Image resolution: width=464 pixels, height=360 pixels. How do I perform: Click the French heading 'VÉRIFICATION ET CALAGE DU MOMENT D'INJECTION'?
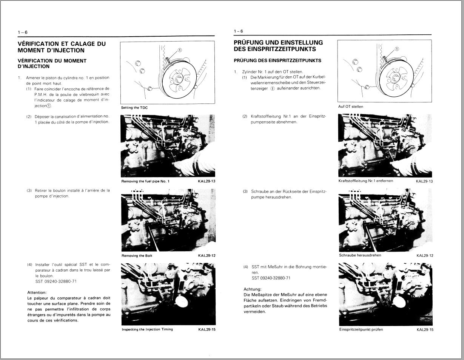pyautogui.click(x=62, y=47)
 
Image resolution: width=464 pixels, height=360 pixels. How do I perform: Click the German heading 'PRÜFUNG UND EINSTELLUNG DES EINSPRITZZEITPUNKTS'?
pyautogui.click(x=278, y=46)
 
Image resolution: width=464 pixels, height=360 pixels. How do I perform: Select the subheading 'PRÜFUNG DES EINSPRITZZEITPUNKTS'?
pyautogui.click(x=277, y=60)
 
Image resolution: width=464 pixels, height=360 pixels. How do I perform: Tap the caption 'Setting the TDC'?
pyautogui.click(x=134, y=108)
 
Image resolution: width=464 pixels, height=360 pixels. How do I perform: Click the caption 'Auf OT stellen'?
pyautogui.click(x=351, y=107)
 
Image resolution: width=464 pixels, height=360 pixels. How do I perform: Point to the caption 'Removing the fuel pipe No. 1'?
pyautogui.click(x=145, y=181)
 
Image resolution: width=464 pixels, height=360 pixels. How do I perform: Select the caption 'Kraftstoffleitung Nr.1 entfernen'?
pyautogui.click(x=366, y=181)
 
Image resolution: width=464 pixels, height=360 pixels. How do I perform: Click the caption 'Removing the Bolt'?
pyautogui.click(x=137, y=256)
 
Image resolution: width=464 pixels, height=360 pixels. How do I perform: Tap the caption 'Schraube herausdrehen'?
pyautogui.click(x=360, y=255)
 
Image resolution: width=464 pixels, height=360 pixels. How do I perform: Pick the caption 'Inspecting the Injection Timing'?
pyautogui.click(x=147, y=329)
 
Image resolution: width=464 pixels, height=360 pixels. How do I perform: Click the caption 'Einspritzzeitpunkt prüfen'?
pyautogui.click(x=361, y=329)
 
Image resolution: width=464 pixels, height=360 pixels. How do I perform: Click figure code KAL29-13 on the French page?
pyautogui.click(x=207, y=181)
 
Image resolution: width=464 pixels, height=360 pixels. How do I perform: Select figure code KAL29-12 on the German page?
pyautogui.click(x=425, y=255)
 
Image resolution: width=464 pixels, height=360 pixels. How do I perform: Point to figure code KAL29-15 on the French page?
pyautogui.click(x=207, y=329)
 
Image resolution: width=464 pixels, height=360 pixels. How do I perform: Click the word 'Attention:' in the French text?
pyautogui.click(x=37, y=292)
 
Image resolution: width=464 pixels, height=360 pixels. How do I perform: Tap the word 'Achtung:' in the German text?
pyautogui.click(x=253, y=289)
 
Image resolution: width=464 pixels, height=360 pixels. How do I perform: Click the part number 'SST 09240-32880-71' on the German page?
pyautogui.click(x=271, y=278)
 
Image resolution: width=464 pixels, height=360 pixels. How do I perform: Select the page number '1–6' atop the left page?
pyautogui.click(x=23, y=32)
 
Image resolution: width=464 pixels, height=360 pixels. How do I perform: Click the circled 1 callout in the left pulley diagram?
pyautogui.click(x=179, y=50)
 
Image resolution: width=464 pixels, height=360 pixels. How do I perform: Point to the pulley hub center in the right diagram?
pyautogui.click(x=394, y=78)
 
